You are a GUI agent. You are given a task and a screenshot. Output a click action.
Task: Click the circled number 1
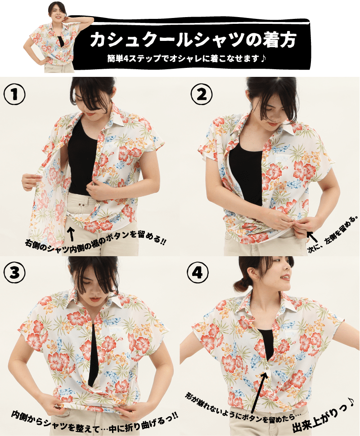coord(14,94)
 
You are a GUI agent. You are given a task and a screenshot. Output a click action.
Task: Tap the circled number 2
coord(202,94)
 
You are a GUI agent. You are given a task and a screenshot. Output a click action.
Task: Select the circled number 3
coord(14,273)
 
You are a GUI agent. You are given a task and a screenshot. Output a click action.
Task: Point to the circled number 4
coord(198,273)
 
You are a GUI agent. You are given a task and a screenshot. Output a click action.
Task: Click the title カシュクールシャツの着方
coord(193,40)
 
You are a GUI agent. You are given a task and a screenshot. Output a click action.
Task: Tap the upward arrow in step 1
coord(71,234)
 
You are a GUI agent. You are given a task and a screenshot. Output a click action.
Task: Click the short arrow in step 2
coord(312,237)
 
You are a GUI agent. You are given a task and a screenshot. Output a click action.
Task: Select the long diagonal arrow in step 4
coord(258,392)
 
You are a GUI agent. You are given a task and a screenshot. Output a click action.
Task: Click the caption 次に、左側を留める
coord(333,234)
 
